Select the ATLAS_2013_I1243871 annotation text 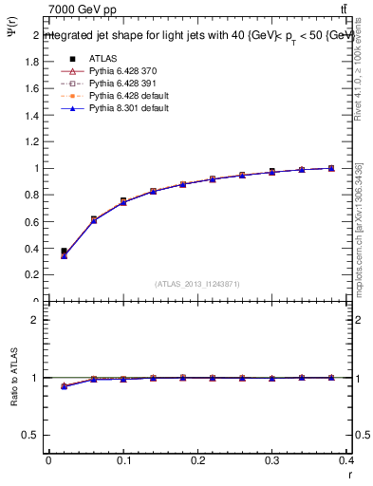point(198,284)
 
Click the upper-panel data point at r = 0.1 point(123,201)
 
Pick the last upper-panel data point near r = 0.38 point(331,168)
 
